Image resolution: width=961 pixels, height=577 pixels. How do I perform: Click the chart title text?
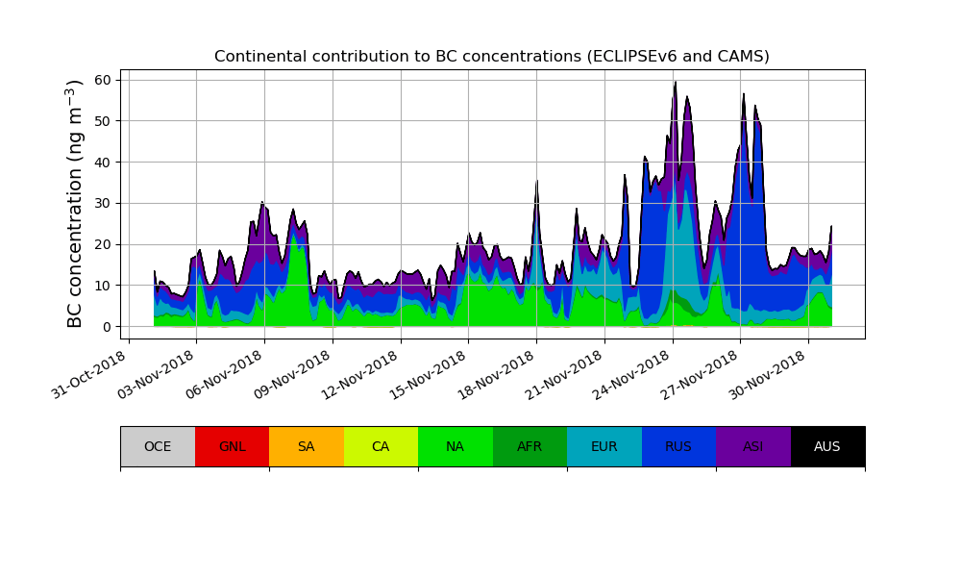pyautogui.click(x=491, y=57)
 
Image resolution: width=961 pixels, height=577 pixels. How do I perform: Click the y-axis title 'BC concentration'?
pyautogui.click(x=76, y=204)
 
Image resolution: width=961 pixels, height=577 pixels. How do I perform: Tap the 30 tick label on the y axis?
pyautogui.click(x=103, y=203)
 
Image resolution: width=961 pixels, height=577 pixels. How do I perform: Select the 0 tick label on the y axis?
pyautogui.click(x=107, y=327)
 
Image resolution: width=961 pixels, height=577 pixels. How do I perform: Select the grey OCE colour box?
pyautogui.click(x=158, y=446)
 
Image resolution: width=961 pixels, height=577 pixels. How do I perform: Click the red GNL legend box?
pyautogui.click(x=232, y=446)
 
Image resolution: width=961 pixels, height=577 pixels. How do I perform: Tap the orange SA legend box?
pyautogui.click(x=307, y=446)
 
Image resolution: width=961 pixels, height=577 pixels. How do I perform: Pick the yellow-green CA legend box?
pyautogui.click(x=381, y=446)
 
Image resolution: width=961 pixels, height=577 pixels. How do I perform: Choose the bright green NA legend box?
pyautogui.click(x=456, y=446)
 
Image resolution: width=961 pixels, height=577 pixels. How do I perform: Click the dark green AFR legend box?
pyautogui.click(x=530, y=446)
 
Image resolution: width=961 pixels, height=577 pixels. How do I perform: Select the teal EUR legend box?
pyautogui.click(x=604, y=446)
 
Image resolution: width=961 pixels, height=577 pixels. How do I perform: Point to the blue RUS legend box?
pyautogui.click(x=678, y=446)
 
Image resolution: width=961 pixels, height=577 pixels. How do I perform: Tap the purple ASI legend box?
pyautogui.click(x=753, y=446)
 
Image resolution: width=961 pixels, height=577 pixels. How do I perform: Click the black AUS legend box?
pyautogui.click(x=827, y=446)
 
